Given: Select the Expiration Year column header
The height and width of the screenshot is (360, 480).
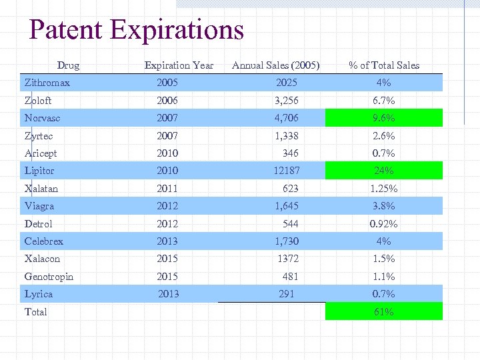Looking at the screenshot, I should tap(179, 65).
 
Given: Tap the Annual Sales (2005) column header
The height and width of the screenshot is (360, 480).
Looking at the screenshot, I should tap(275, 65).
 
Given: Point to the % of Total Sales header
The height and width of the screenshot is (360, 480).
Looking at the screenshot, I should tap(384, 65).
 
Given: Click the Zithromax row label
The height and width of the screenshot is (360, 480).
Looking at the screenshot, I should tap(47, 83).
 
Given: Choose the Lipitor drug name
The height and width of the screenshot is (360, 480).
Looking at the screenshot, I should tap(39, 171).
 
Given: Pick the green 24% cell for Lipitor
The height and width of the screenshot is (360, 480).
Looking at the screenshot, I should tap(384, 171).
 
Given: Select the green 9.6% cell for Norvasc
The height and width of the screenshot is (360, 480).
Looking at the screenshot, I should tap(384, 119).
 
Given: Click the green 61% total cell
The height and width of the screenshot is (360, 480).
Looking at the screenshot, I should tap(384, 311).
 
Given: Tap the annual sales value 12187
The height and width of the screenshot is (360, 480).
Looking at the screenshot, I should tap(287, 171).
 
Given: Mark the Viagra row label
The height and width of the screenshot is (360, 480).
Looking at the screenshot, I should tap(39, 206).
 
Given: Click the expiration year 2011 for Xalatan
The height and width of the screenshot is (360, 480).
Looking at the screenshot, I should tap(167, 189).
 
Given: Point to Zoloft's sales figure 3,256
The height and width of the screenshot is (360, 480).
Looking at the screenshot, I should tap(287, 101).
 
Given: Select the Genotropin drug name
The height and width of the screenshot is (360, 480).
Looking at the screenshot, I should tap(49, 277).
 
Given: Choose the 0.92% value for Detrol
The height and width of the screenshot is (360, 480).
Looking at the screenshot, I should tap(384, 224).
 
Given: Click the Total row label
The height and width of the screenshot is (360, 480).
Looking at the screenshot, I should tap(36, 311).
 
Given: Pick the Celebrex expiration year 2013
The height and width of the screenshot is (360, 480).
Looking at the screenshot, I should tap(167, 241).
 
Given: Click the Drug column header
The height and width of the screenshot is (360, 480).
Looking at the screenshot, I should tap(68, 65).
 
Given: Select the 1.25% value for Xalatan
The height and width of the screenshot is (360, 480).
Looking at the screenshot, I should tap(384, 189).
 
